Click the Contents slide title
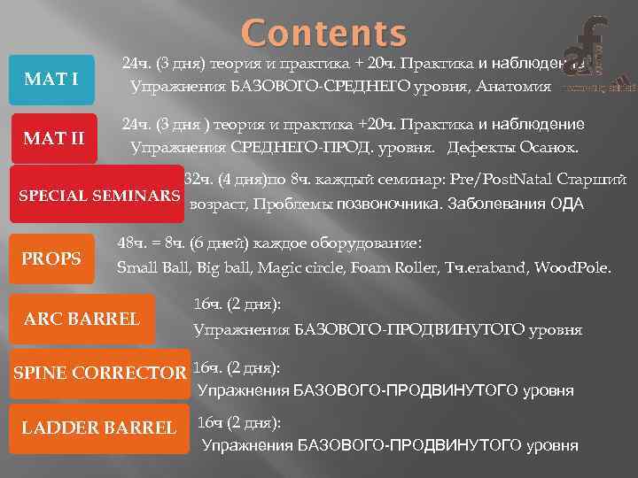324,34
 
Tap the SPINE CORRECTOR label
99,373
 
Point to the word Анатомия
513,87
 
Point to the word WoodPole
575,266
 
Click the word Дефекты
478,146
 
